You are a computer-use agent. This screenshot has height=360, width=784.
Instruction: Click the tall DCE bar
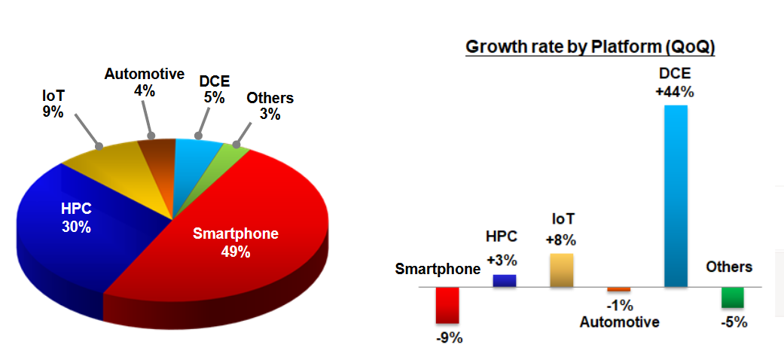coord(676,196)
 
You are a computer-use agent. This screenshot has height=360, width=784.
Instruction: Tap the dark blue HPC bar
coord(504,281)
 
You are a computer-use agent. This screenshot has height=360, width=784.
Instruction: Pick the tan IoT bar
coord(562,270)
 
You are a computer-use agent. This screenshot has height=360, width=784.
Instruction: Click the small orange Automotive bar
coord(618,289)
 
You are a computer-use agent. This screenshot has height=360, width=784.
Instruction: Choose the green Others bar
coord(732,297)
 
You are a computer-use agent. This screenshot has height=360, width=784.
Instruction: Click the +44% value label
coord(675,93)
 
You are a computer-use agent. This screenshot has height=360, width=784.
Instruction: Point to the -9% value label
coord(449,338)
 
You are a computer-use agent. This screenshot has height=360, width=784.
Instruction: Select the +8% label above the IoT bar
coord(562,241)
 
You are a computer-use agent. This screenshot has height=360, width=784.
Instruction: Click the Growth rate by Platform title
coord(590,47)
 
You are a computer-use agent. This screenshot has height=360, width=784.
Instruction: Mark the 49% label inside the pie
coord(235,252)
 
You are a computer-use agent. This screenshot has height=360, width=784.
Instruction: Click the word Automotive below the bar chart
coord(619,322)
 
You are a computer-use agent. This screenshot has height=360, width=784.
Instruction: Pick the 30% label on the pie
coord(76,227)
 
